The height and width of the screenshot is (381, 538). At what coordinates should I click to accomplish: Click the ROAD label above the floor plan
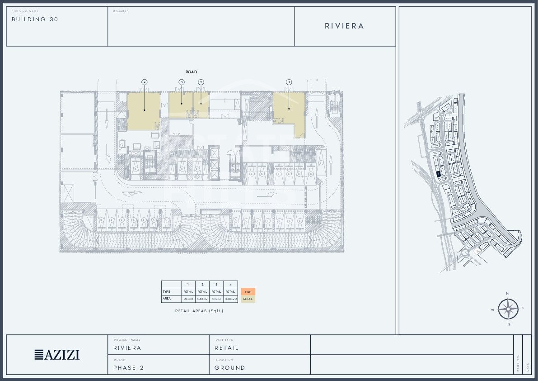click(191, 72)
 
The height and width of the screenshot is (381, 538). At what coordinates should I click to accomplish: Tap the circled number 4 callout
click(144, 82)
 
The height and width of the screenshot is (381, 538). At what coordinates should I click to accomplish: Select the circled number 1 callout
click(289, 82)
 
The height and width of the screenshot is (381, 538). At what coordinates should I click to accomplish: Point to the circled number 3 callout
click(182, 82)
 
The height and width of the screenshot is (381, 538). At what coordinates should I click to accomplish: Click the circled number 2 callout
click(201, 82)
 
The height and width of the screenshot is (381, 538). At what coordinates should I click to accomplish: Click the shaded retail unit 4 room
click(144, 111)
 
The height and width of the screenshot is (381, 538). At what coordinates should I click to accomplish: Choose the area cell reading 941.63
click(188, 299)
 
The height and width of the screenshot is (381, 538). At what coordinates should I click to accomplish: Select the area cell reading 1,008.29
click(230, 299)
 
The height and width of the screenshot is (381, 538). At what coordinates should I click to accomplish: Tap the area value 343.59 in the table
click(202, 299)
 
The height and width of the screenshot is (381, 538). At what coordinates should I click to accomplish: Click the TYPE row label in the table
click(166, 292)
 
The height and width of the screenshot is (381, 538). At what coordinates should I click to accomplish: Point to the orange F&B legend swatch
click(248, 292)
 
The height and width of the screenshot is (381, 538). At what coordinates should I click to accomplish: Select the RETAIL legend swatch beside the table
click(248, 299)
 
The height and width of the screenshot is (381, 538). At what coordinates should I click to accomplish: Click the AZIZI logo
click(57, 355)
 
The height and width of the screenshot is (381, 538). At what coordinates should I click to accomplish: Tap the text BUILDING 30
click(35, 19)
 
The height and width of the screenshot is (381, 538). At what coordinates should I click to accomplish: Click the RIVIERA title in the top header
click(344, 26)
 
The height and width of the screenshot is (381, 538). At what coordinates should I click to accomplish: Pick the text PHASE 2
click(128, 368)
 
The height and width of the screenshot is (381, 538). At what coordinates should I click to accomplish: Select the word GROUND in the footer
click(229, 368)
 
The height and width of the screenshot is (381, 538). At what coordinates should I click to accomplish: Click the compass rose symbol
click(509, 309)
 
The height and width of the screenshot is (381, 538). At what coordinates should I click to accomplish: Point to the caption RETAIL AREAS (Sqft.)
click(199, 311)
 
